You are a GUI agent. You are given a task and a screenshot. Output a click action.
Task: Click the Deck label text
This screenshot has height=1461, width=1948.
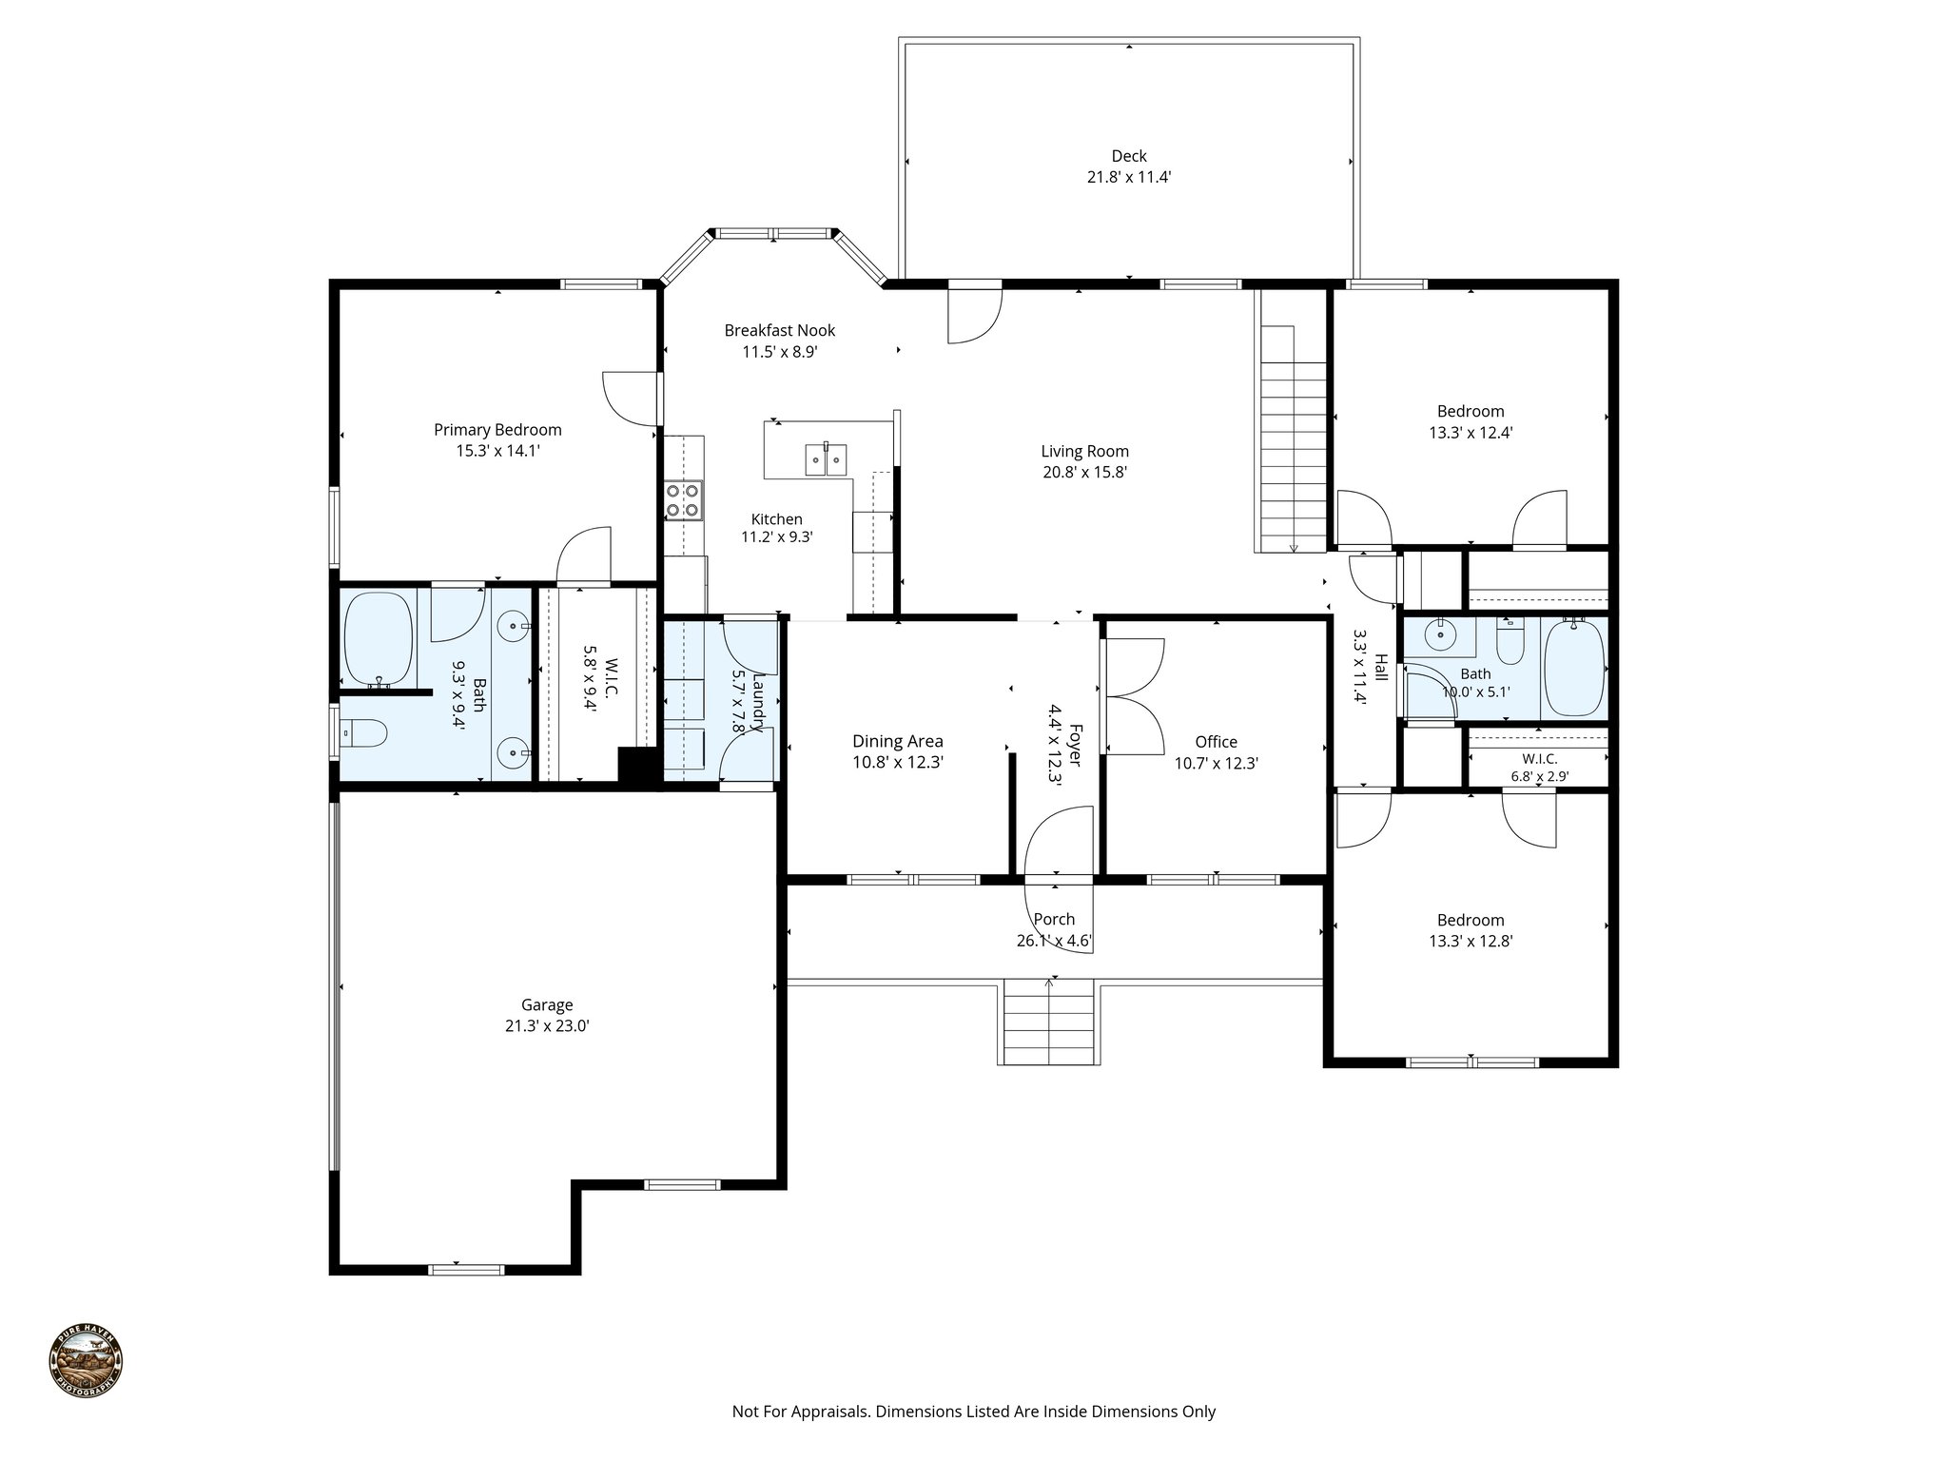[x=1129, y=156]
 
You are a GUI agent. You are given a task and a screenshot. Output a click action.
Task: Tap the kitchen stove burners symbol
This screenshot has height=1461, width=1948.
[x=684, y=500]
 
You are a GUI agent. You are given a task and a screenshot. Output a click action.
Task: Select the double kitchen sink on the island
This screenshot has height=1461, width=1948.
[x=826, y=458]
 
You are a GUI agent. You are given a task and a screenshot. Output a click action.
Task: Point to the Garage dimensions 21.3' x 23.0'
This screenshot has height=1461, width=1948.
[x=547, y=1025]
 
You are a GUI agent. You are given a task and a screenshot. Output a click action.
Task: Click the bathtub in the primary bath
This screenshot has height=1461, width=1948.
[x=378, y=639]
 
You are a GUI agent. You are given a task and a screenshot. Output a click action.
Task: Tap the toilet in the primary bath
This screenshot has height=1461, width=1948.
[x=366, y=733]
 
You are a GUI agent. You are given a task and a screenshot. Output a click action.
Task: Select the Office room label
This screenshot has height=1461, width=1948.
[x=1216, y=742]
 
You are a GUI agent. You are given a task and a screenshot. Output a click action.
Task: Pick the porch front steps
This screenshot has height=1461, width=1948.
[x=1049, y=1024]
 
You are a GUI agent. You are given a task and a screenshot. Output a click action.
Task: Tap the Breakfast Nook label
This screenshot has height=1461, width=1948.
[x=780, y=330]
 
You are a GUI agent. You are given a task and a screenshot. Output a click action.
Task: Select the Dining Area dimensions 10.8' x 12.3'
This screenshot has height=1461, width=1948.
[x=897, y=762]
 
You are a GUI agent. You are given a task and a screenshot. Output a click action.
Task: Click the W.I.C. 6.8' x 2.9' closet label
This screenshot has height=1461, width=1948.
[x=1539, y=767]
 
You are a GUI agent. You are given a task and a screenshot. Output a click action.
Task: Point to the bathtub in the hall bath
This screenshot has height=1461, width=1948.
[x=1573, y=669]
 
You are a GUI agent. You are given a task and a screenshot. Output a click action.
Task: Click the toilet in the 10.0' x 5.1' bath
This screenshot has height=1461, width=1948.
[x=1510, y=643]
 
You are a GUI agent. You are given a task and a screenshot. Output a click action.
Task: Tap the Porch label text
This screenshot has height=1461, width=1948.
[x=1054, y=919]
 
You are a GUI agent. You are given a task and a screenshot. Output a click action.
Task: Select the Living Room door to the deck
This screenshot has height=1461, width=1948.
[x=975, y=314]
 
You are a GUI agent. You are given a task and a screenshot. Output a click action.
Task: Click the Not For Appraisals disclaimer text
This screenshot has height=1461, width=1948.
[x=973, y=1412]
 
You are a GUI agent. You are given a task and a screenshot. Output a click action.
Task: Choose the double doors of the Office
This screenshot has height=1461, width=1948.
[x=1133, y=696]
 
